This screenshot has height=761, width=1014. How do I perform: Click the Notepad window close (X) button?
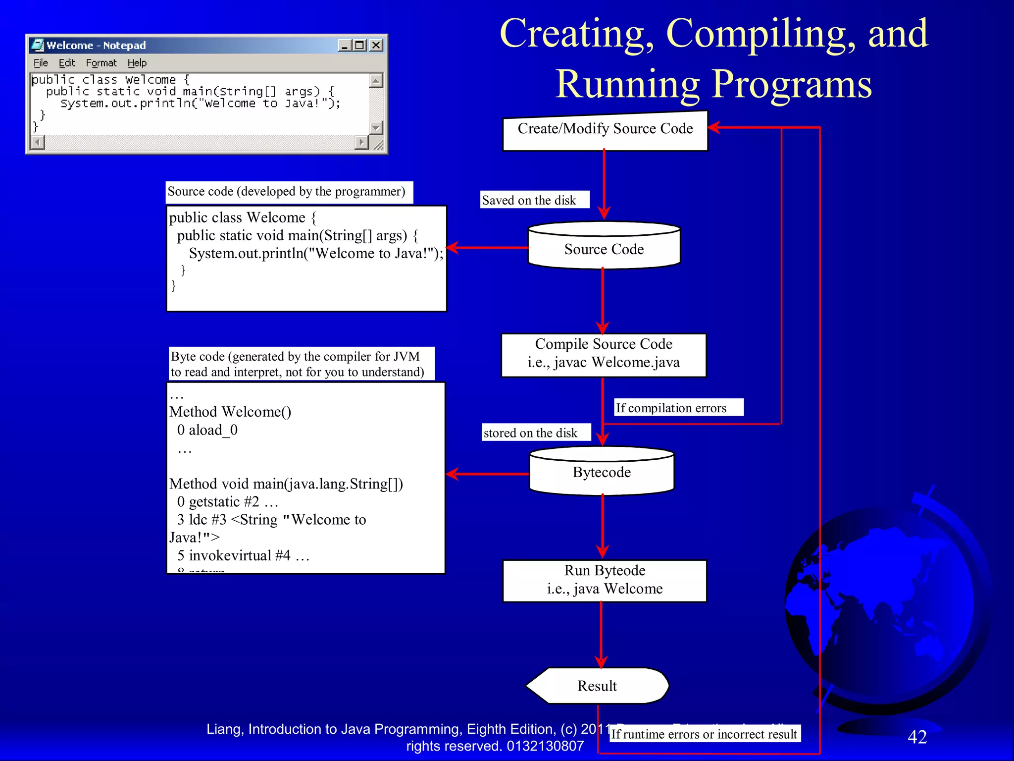(376, 45)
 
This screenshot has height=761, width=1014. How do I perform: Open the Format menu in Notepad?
(101, 63)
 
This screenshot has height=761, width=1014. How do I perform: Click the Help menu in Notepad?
(137, 63)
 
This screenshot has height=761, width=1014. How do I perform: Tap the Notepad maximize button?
(360, 45)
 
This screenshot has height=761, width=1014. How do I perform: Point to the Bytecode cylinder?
(602, 472)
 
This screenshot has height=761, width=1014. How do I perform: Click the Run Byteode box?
(605, 580)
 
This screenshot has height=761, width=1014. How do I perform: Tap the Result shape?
(597, 686)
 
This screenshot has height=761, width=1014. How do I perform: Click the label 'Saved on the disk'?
(529, 200)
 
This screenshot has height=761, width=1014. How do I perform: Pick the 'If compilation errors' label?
(671, 408)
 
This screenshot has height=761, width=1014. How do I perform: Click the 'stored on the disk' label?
(531, 433)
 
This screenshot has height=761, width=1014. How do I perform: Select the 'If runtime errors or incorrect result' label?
(704, 734)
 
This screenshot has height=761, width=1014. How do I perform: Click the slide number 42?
(917, 737)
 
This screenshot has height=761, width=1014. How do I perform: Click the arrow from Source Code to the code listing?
(488, 247)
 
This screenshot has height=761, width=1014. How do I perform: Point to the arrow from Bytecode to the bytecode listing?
(488, 474)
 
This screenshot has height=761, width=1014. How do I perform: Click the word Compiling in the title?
(760, 34)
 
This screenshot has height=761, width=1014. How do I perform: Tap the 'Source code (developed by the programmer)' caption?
(286, 192)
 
